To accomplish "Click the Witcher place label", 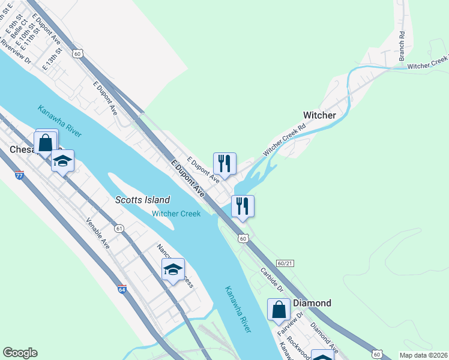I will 319,115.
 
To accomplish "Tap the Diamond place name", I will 312,303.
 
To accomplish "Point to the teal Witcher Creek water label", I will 176,214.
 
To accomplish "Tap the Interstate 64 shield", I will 122,289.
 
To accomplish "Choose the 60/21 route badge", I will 286,263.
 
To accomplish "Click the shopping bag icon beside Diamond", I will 279,310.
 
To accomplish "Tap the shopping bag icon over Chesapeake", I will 46,144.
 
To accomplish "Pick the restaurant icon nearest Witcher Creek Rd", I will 224,163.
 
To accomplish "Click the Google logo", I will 20,353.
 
